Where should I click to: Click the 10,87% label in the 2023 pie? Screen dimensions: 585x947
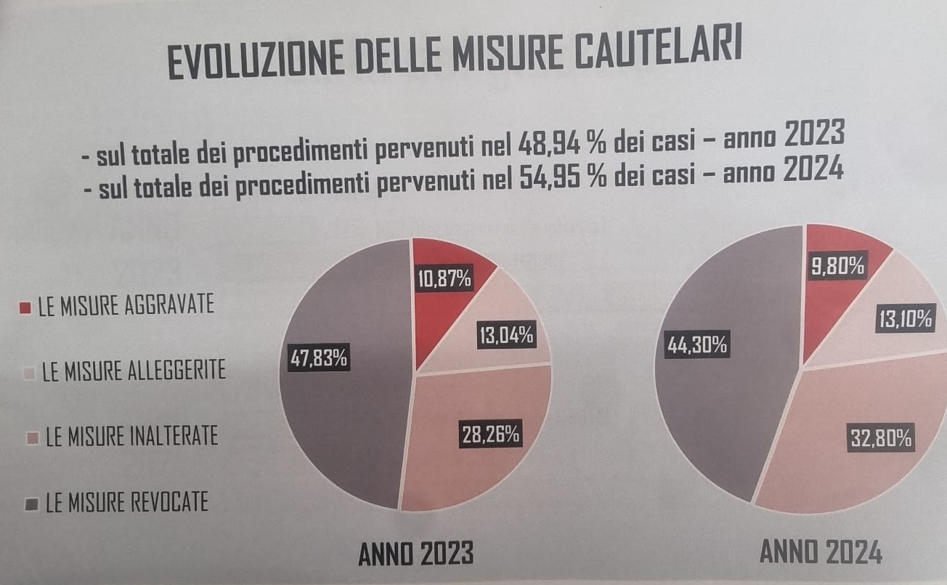tap(444, 278)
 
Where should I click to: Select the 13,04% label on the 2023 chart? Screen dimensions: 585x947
tap(506, 335)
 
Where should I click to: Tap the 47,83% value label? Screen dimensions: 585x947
tap(319, 358)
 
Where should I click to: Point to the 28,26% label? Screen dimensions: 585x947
tap(491, 435)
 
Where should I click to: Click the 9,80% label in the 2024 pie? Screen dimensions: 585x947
tap(838, 267)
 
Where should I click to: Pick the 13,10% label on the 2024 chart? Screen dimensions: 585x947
tap(904, 320)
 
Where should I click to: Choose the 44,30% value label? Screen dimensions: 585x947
tap(697, 345)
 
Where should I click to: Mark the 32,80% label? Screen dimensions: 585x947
tap(880, 438)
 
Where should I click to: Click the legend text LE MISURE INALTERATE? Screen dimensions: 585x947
tap(131, 437)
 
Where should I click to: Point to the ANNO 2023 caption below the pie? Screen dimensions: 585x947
tap(416, 554)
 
